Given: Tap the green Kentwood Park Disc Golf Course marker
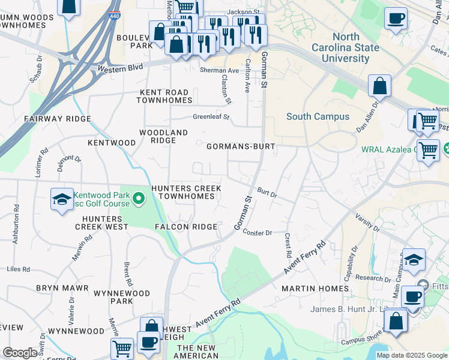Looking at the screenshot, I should [139, 198].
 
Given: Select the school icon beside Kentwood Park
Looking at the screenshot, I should [61, 200].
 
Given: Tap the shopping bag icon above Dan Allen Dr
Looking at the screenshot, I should [380, 86].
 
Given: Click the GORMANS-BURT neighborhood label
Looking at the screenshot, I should [241, 146].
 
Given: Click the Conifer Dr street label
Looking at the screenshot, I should [258, 233].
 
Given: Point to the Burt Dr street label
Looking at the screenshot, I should [267, 194].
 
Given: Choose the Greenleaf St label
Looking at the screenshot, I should [211, 117].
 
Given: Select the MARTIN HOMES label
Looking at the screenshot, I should [315, 289].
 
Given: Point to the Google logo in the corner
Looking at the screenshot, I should [20, 352].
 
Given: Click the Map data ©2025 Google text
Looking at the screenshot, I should [411, 355].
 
